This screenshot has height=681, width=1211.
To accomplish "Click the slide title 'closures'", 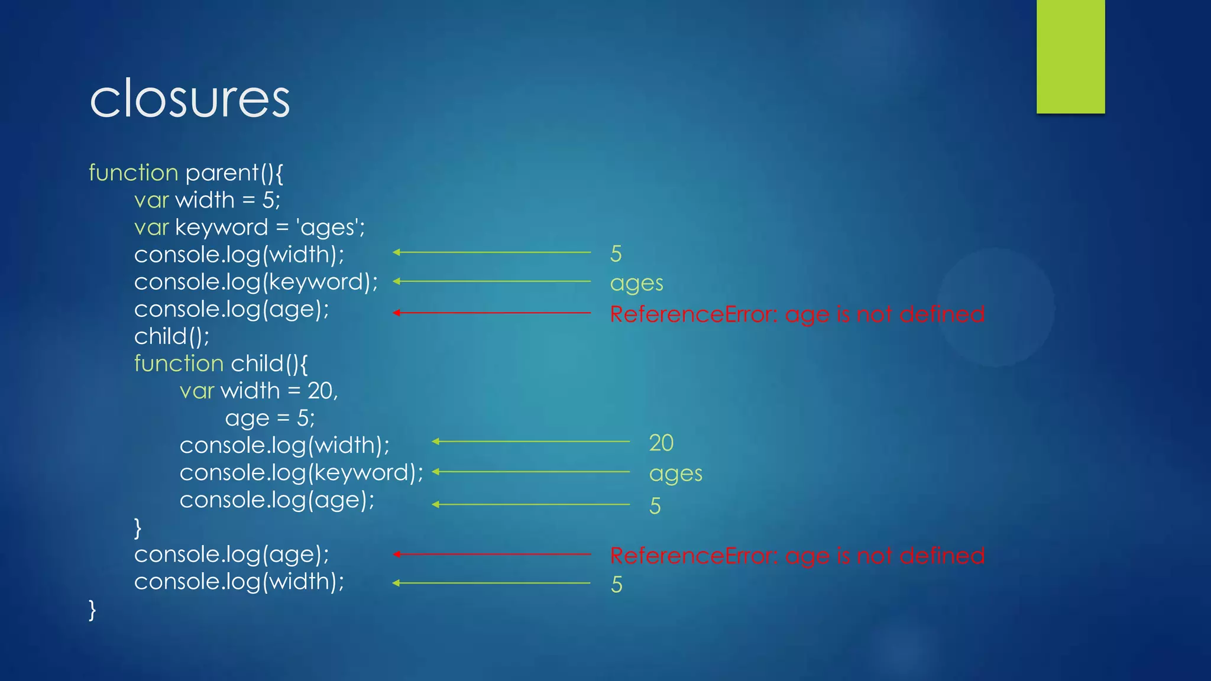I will coord(190,99).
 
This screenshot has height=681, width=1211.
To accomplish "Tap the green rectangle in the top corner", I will coord(1070,56).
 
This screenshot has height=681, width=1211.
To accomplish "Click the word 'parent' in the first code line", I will coord(222,173).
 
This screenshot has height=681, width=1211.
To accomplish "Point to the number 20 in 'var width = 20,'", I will coord(320,391).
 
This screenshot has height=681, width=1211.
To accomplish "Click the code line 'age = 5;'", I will coord(270,419).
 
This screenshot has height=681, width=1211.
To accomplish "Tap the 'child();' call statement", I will coord(171,336).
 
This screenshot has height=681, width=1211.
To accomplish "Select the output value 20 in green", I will coord(661,443).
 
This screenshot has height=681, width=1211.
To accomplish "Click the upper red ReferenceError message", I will coord(797,314).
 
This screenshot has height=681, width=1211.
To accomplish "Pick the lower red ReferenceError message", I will coord(797,556).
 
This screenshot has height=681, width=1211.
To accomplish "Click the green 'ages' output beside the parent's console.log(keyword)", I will coord(636,283).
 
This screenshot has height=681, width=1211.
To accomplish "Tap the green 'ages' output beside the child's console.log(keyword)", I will coord(675,474).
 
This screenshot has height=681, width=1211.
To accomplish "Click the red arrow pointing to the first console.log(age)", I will coord(491,313).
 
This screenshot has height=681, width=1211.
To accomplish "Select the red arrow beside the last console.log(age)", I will coord(491,554).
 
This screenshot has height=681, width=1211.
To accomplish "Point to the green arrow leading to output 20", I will coord(530,442).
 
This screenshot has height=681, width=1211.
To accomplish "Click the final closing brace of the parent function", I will coord(92,609).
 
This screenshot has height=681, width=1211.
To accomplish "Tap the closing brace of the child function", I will coord(138,527).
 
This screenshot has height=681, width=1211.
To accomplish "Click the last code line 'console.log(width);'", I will coord(239,582).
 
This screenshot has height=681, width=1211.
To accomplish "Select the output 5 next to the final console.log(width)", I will coord(617,585).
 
